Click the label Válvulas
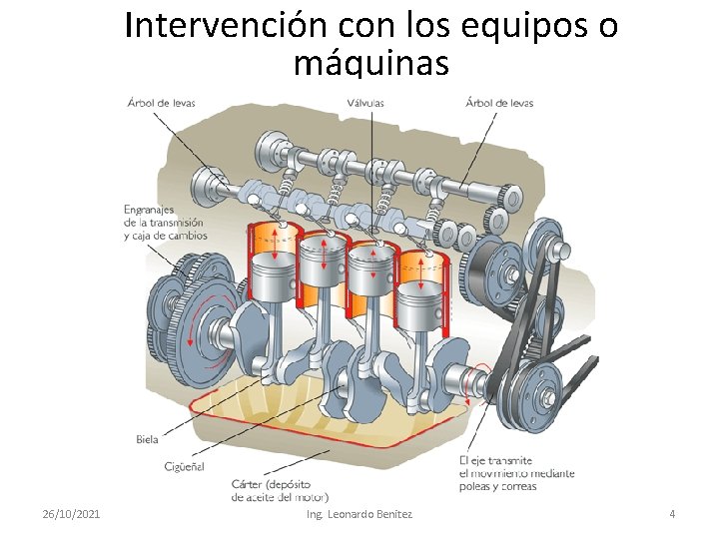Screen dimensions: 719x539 click(x=365, y=102)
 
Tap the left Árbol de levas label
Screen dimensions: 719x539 click(x=162, y=102)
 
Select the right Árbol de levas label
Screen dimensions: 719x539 click(x=499, y=102)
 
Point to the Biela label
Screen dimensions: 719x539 click(x=147, y=439)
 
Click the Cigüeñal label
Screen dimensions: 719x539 click(x=186, y=466)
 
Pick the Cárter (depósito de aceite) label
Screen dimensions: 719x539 click(x=280, y=490)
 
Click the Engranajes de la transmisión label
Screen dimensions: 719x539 click(x=165, y=223)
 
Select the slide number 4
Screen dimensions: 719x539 click(x=672, y=513)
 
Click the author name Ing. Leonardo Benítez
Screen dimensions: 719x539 click(x=359, y=513)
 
